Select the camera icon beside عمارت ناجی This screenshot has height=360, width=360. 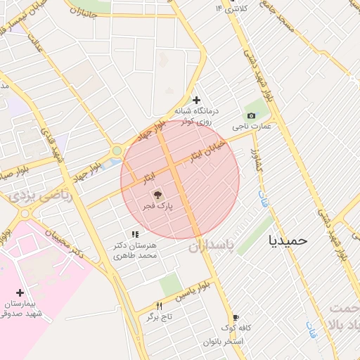pos(251,115)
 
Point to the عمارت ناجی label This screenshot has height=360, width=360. pos(255,127)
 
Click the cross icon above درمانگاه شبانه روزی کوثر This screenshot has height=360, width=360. pos(197,100)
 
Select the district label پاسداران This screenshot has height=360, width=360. pos(215,246)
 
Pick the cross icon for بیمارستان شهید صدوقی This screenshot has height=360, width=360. pos(20,292)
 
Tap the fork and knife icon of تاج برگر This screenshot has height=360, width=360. pos(160,306)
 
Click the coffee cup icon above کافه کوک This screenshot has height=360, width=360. pos(236,317)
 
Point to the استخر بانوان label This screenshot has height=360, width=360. pos(223,342)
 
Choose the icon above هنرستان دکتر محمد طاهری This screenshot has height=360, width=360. pos(134,234)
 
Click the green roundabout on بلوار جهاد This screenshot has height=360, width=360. pos(117,150)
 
